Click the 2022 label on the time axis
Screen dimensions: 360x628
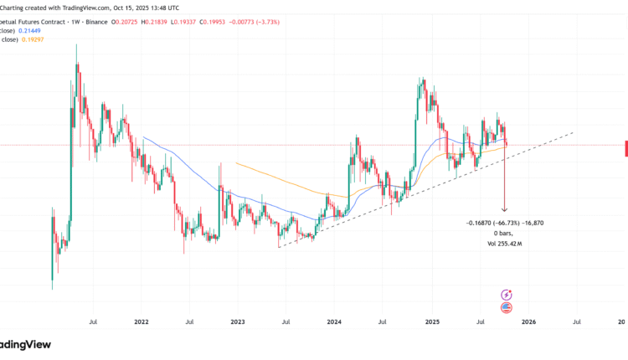coord(141,321)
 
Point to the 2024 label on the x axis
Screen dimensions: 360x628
coord(334,321)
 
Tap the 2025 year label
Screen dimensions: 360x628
coord(432,321)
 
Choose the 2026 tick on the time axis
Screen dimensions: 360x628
coord(529,321)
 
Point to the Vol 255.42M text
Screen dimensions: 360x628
coord(504,244)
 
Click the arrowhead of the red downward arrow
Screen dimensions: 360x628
coord(505,209)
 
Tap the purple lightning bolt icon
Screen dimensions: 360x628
coord(506,295)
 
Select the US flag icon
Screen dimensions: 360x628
coord(506,308)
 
